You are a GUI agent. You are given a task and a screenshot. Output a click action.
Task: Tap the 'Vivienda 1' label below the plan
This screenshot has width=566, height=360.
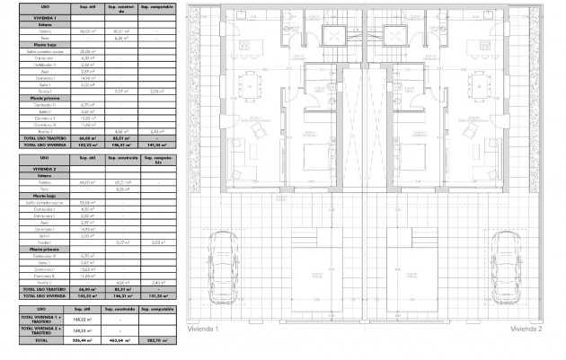click(204, 329)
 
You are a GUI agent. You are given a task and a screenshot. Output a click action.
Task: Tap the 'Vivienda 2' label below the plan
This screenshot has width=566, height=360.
click(526, 329)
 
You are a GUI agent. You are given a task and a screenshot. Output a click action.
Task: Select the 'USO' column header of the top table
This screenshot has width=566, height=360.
click(33, 6)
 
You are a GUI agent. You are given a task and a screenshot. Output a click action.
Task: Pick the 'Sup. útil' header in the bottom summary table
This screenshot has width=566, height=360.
click(88, 308)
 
